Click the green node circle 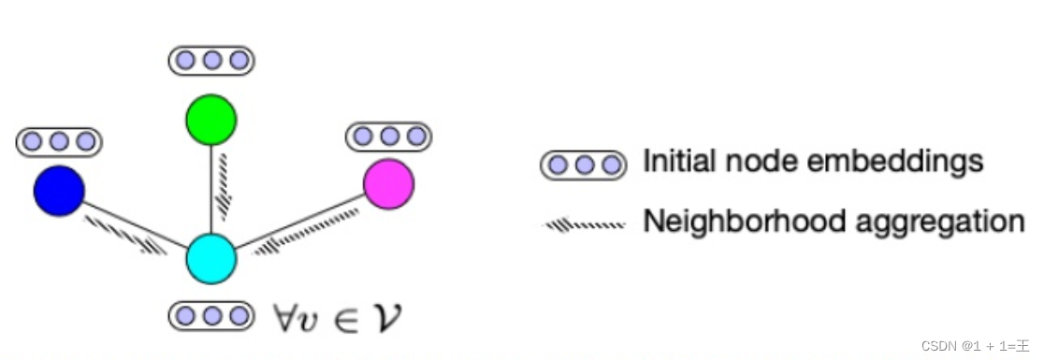211,120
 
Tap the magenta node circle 388,183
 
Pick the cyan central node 210,259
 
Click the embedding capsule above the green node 211,61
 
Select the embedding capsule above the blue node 59,141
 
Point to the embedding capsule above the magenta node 388,137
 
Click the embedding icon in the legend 584,166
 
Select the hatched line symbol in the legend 584,224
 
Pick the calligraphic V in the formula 391,317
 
